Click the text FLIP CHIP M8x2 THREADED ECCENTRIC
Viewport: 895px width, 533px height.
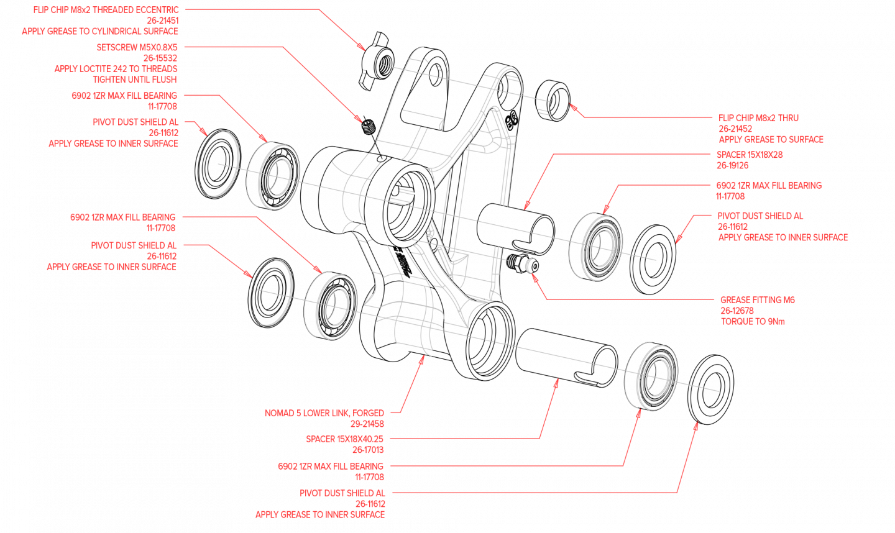[x=106, y=10]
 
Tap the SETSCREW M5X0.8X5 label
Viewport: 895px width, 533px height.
[x=137, y=47]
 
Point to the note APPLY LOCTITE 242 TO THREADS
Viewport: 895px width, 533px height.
[x=116, y=69]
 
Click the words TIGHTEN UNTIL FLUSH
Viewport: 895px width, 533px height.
[x=135, y=80]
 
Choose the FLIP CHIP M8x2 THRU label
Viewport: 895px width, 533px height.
[x=758, y=118]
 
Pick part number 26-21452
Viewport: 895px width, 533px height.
[x=735, y=129]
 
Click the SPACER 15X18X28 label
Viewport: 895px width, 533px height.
[x=750, y=155]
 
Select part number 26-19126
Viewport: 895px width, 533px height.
[x=732, y=166]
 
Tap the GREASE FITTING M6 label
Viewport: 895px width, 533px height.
[x=758, y=300]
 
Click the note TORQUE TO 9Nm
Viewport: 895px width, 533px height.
[x=753, y=322]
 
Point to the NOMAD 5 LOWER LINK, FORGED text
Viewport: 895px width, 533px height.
[x=324, y=413]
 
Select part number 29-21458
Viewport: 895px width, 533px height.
[x=367, y=424]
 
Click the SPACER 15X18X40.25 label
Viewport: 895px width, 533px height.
[x=344, y=439]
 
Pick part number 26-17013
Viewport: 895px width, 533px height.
[x=368, y=450]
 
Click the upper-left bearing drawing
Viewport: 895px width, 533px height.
[x=274, y=176]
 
